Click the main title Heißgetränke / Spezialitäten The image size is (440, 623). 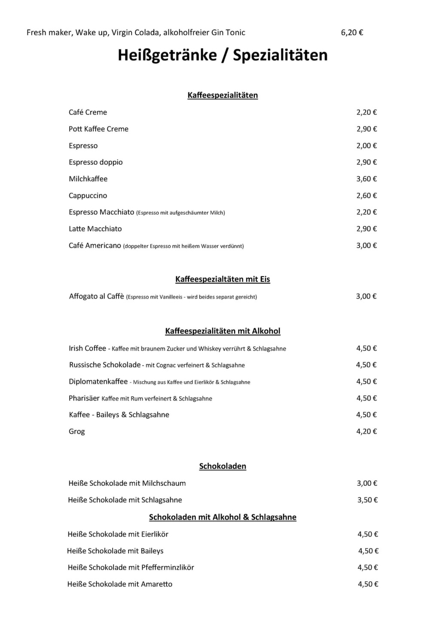(223, 55)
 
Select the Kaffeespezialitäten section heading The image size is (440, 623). (223, 95)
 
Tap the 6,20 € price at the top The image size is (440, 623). (352, 32)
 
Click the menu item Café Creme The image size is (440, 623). (88, 112)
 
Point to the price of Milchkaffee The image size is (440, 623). (366, 179)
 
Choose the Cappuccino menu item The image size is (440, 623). (88, 196)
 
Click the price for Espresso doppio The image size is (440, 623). (366, 162)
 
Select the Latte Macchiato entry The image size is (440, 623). (95, 229)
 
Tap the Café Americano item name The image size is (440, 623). (95, 246)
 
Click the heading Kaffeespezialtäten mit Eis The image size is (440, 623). (223, 279)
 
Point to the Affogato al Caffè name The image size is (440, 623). (96, 296)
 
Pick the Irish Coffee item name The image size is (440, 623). (87, 349)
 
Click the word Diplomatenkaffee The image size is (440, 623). (98, 382)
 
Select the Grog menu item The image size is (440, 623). (76, 432)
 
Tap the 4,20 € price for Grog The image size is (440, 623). (366, 432)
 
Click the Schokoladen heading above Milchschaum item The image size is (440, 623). (223, 466)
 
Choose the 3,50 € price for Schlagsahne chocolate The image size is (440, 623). (367, 500)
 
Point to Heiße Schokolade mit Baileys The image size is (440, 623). (115, 551)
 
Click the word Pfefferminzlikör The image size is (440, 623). (168, 567)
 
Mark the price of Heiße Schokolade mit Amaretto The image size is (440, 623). (368, 584)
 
